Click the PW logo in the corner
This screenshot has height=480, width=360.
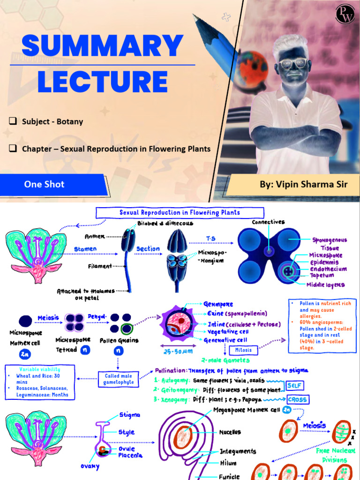[x=345, y=14]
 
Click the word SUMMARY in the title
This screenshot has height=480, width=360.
[x=103, y=45]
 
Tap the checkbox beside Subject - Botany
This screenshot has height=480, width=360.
[x=13, y=121]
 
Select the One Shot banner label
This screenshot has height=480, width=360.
[x=45, y=184]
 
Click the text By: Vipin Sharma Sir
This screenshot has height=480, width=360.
[x=304, y=184]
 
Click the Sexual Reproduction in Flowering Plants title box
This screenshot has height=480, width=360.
[x=180, y=212]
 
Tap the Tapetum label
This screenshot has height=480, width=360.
[x=322, y=276]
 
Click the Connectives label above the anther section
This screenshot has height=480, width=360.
[x=268, y=222]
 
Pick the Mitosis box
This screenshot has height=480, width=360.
[x=243, y=350]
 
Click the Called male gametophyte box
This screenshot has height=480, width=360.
[x=119, y=379]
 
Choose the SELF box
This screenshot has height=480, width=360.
[x=295, y=385]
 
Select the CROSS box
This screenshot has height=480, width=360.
[x=298, y=399]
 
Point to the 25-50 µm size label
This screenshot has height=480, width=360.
[x=178, y=352]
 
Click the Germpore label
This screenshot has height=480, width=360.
[x=218, y=304]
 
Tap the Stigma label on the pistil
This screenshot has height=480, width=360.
[x=129, y=415]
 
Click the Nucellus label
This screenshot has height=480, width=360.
[x=230, y=432]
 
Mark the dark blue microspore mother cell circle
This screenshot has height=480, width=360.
[x=25, y=321]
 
